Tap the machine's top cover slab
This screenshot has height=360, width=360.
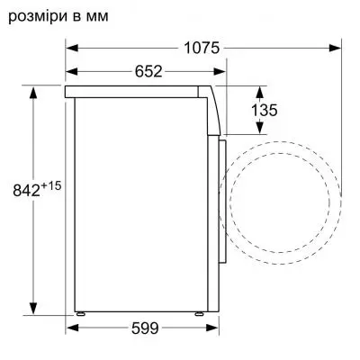135,91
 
